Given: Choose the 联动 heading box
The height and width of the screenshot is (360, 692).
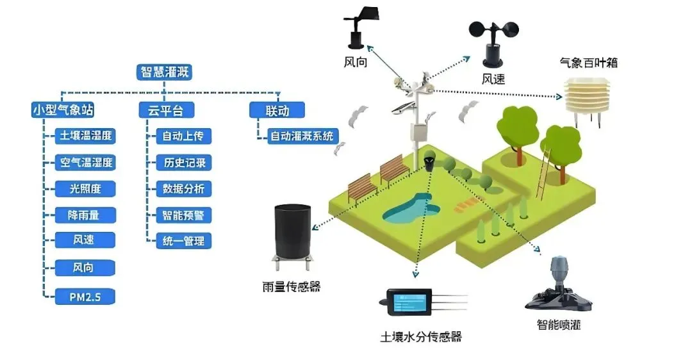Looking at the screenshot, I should coord(277,110).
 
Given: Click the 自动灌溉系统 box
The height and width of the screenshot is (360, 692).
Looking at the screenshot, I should coord(301,136).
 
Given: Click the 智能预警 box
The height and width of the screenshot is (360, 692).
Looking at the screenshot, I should coord(183,215).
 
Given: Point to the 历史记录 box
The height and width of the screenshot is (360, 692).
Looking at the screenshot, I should coord(183,162).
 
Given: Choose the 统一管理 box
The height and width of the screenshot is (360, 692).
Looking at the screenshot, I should coord(183,241).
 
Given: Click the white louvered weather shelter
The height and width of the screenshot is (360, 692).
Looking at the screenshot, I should coord(586,99).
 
